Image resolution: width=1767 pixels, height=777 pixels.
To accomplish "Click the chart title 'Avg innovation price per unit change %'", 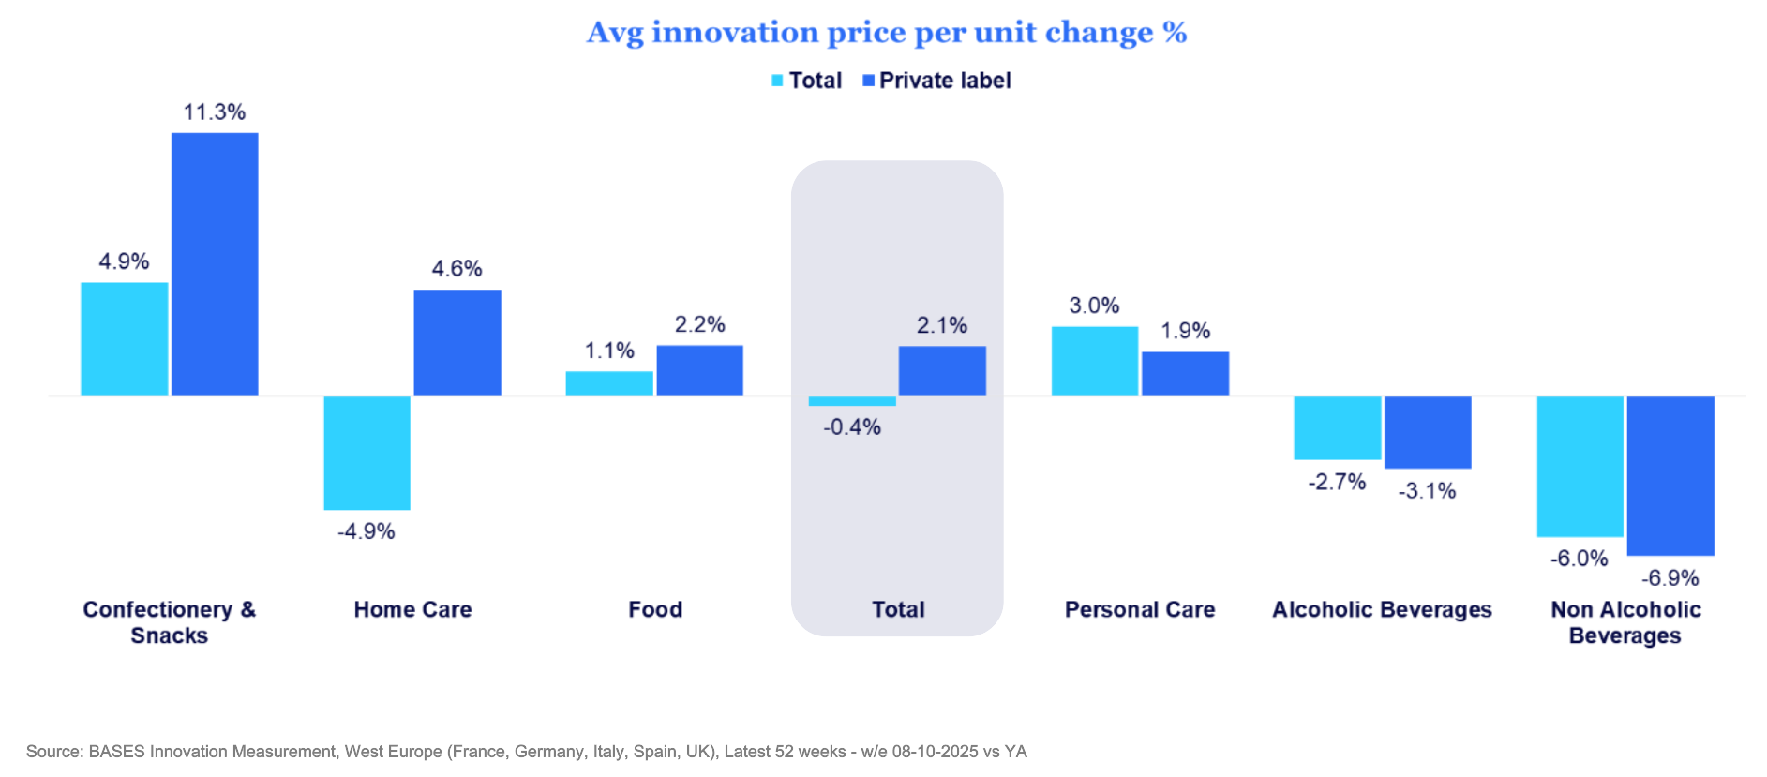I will pyautogui.click(x=887, y=33).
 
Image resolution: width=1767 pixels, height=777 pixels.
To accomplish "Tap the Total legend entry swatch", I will pyautogui.click(x=777, y=81).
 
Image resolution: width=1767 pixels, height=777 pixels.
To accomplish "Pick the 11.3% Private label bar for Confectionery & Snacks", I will pyautogui.click(x=215, y=263).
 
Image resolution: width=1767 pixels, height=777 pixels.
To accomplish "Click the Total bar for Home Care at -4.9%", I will pyautogui.click(x=367, y=453).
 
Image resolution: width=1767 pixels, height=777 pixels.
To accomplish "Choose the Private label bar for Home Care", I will pyautogui.click(x=457, y=342).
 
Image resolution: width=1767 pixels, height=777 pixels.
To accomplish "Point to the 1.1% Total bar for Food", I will pyautogui.click(x=609, y=383).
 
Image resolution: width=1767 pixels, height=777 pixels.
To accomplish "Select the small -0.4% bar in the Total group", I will pyautogui.click(x=852, y=401).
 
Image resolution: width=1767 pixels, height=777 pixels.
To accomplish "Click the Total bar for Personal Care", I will pyautogui.click(x=1094, y=361).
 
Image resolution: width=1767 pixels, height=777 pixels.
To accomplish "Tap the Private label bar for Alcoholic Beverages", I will pyautogui.click(x=1428, y=432).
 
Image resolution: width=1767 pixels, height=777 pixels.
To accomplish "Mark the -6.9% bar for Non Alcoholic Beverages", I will pyautogui.click(x=1670, y=475).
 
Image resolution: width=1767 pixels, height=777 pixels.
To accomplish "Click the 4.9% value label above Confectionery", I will pyautogui.click(x=124, y=261).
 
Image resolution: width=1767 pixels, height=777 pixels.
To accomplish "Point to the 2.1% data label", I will pyautogui.click(x=941, y=325).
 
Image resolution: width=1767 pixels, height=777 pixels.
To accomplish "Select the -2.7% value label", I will pyautogui.click(x=1337, y=482).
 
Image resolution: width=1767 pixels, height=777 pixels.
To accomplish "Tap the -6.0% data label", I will pyautogui.click(x=1579, y=559).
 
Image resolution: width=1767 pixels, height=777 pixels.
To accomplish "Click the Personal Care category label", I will pyautogui.click(x=1139, y=609).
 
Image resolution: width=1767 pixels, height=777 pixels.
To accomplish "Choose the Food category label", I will pyautogui.click(x=654, y=609).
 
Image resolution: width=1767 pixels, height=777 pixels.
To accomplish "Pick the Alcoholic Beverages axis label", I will pyautogui.click(x=1381, y=609).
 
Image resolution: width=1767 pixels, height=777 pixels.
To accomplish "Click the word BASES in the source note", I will pyautogui.click(x=117, y=752).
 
